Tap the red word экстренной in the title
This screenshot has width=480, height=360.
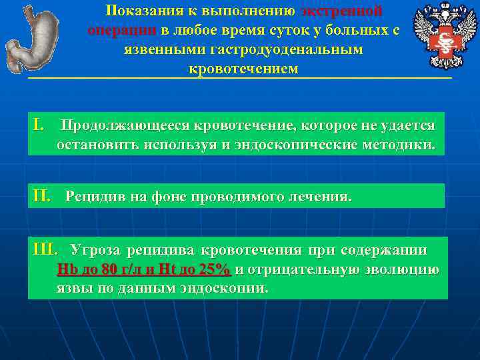341,11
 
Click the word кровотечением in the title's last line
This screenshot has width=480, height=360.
243,69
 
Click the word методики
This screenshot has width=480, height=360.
407,145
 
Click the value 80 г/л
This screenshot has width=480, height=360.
111,270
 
